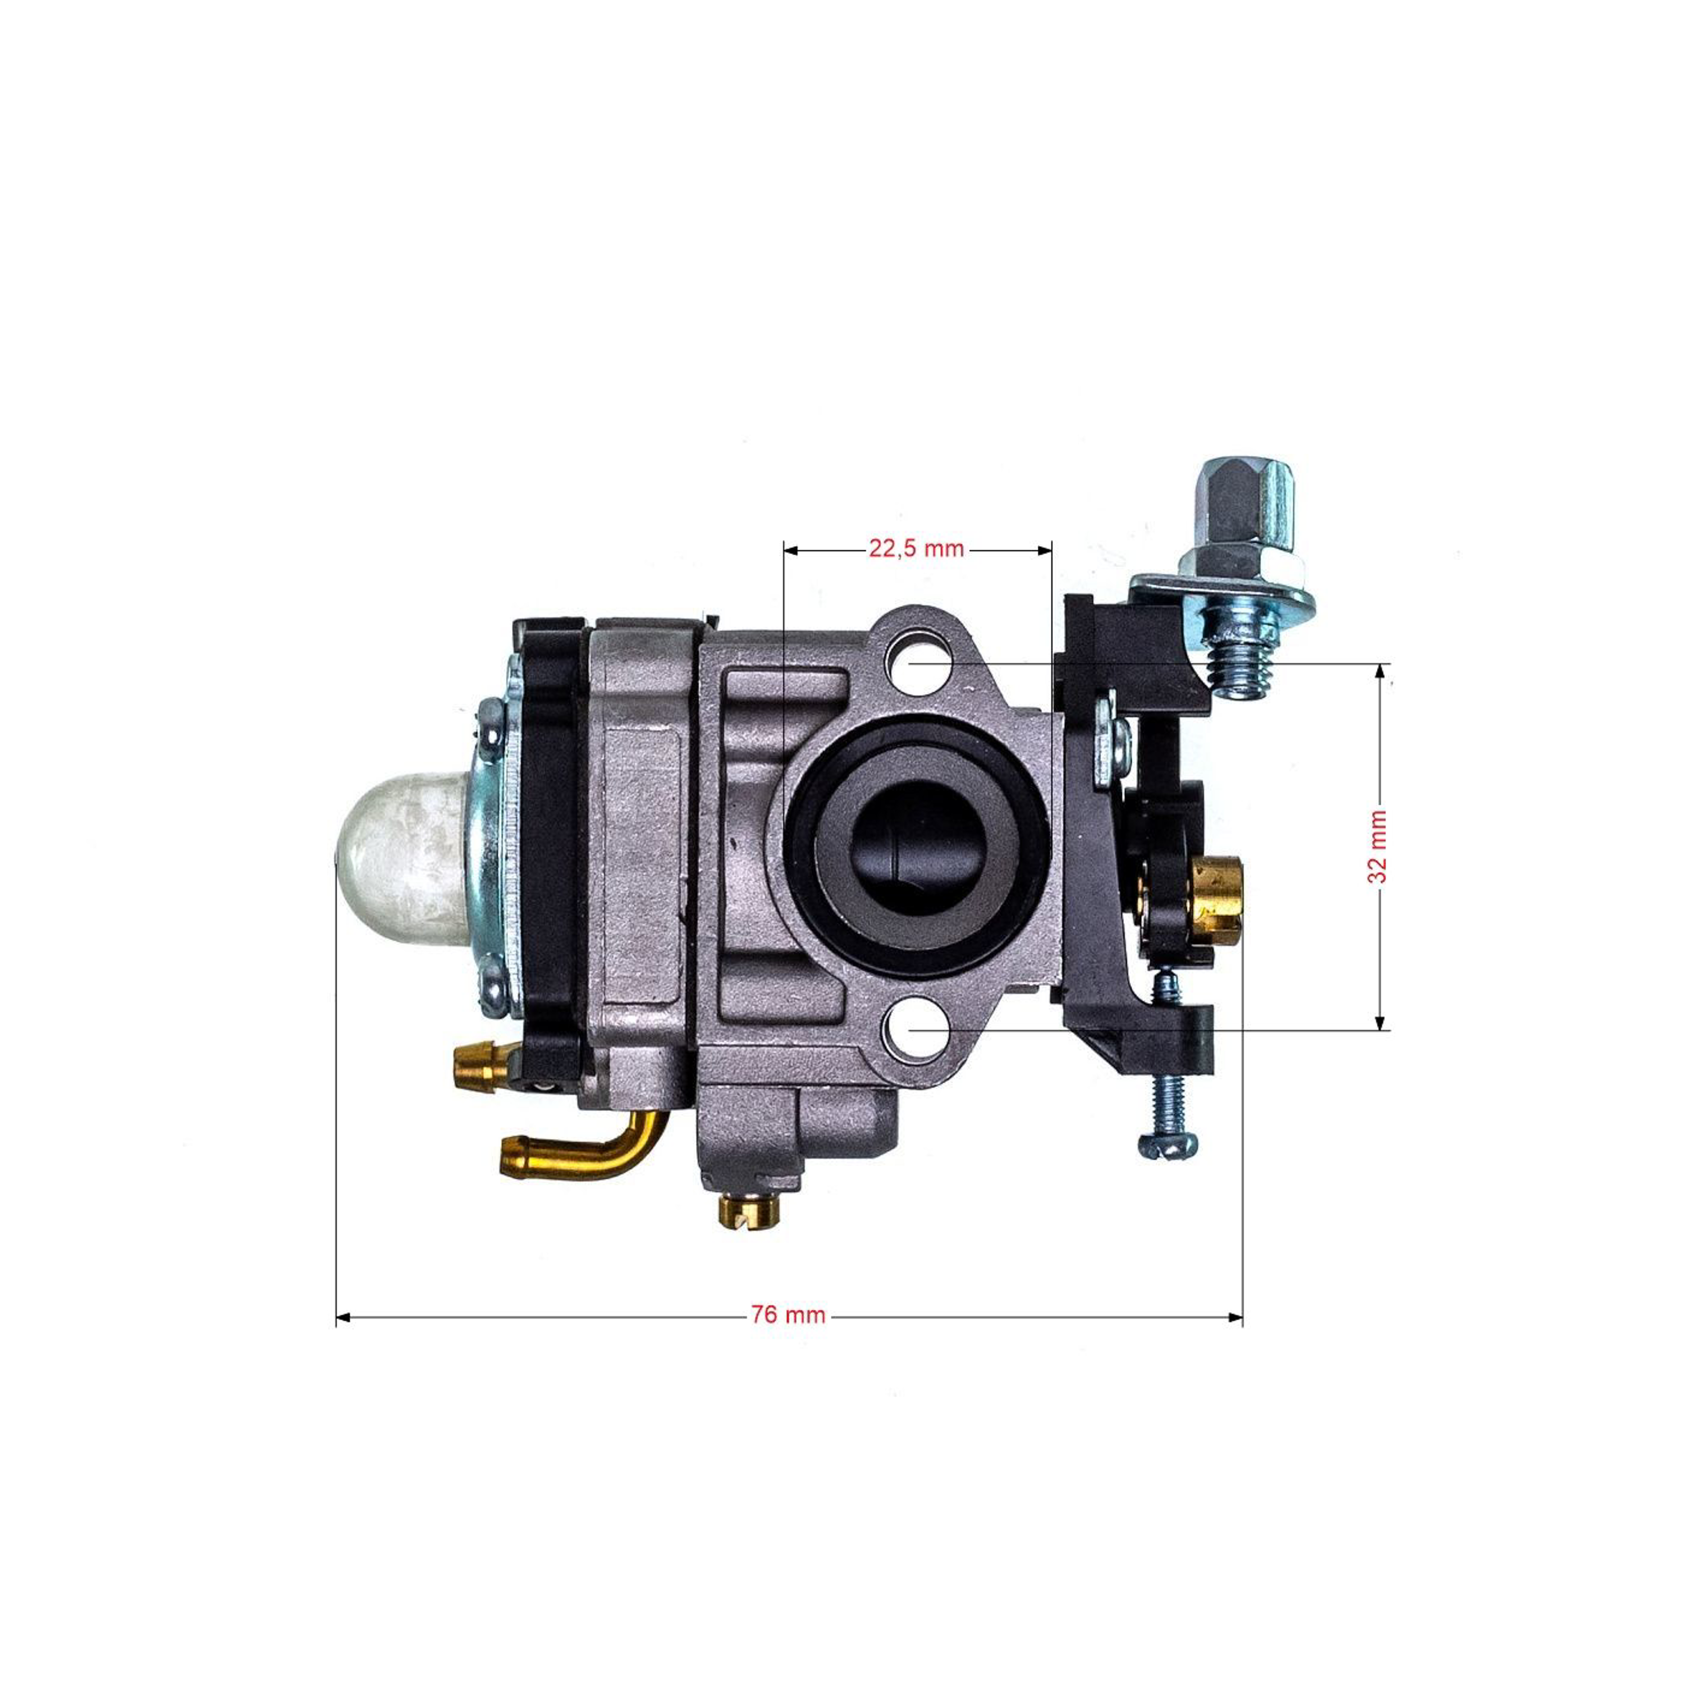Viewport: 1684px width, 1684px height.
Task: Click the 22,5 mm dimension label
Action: [x=916, y=548]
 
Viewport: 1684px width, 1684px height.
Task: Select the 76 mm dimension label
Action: [x=788, y=1315]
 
